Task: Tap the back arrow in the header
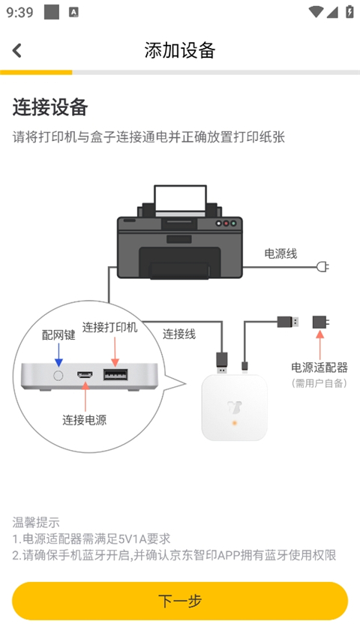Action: [x=17, y=50]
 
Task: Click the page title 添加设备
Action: [x=180, y=50]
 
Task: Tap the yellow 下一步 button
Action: [x=180, y=601]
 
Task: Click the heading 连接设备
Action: [x=50, y=107]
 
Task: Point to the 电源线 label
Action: [x=280, y=253]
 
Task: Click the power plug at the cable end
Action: [x=323, y=266]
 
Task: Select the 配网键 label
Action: [x=58, y=335]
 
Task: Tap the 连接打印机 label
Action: [x=110, y=328]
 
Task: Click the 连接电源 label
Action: [x=84, y=420]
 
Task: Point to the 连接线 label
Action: [x=179, y=334]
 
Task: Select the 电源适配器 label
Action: [x=319, y=367]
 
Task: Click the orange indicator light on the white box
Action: [x=235, y=423]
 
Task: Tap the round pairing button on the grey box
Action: [x=58, y=374]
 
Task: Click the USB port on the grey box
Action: [x=115, y=374]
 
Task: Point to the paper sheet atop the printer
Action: [x=179, y=198]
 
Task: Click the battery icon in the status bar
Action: [x=349, y=12]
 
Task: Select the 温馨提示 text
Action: [x=36, y=522]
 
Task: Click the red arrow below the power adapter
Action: [x=320, y=346]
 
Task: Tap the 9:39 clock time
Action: [x=19, y=12]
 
